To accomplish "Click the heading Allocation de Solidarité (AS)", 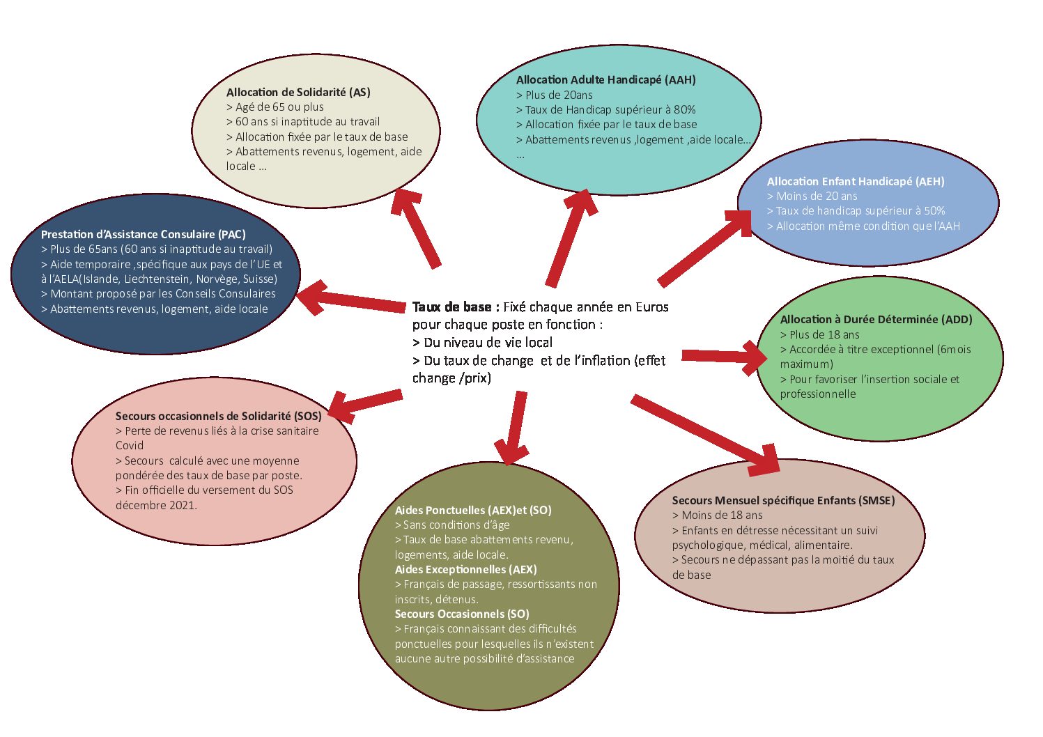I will tap(298, 92).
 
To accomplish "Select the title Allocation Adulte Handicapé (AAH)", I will tap(605, 79).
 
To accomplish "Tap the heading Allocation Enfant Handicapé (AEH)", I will tap(855, 181).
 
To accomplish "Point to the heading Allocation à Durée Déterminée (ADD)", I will tap(876, 319).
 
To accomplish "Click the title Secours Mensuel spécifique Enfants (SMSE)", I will tap(783, 500).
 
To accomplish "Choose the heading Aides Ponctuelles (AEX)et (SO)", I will tap(473, 510).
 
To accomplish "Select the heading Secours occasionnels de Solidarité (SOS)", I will tap(218, 416).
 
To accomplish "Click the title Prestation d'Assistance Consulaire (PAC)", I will tap(143, 234).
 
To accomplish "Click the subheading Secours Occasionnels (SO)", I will tap(462, 614).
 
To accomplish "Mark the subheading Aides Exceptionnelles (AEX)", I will tap(465, 569).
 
